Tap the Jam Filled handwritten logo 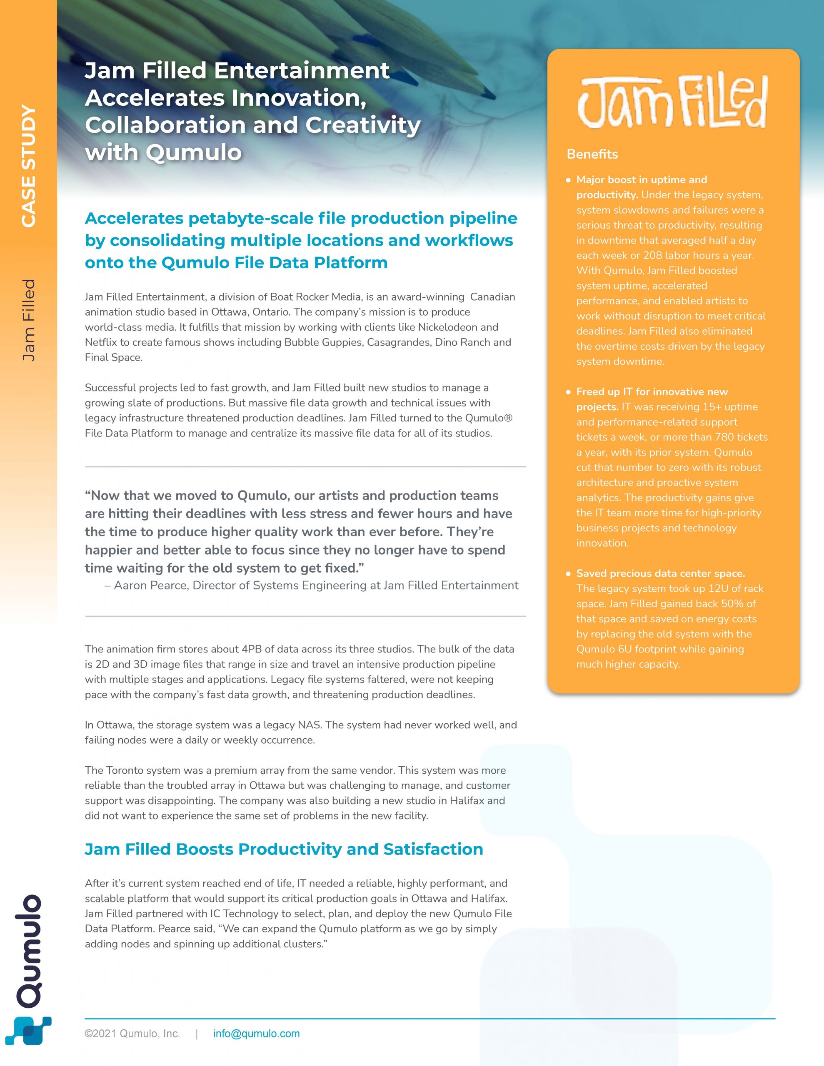coord(672,102)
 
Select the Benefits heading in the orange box coord(592,154)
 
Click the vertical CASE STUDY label coord(29,166)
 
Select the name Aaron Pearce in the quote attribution coord(150,585)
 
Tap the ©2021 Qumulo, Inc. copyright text coord(132,1033)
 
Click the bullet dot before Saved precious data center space coord(568,573)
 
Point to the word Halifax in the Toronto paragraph coord(467,800)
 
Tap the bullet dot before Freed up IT coord(568,392)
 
